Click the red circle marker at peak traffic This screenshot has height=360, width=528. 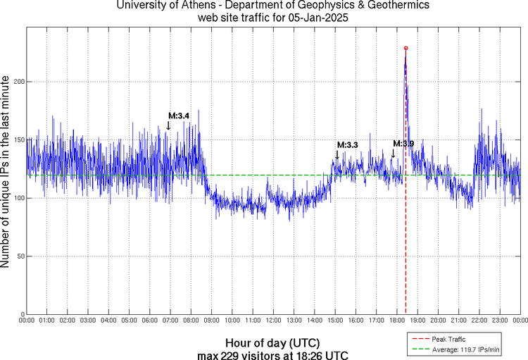pos(406,48)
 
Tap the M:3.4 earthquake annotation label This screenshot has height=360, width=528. pos(179,116)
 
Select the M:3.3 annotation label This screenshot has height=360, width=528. pos(348,144)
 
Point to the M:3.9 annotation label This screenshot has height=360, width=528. pos(403,143)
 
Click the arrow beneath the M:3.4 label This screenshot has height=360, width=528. pos(168,125)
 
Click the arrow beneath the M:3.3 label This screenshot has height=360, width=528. pos(337,155)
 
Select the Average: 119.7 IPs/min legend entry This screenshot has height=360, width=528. pos(465,348)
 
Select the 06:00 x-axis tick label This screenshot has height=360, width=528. pos(150,321)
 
